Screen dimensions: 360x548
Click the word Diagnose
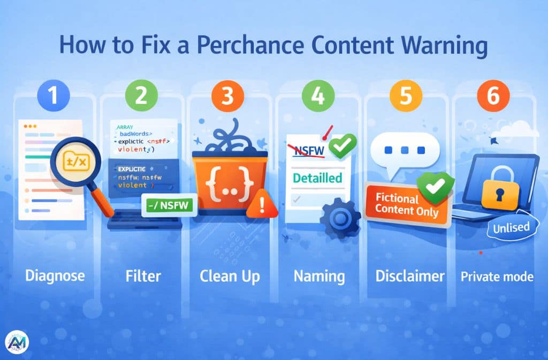click(55, 276)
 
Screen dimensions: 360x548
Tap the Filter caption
click(141, 276)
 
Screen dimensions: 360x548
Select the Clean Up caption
click(230, 276)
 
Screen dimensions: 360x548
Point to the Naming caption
click(319, 276)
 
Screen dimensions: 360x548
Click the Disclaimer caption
click(410, 276)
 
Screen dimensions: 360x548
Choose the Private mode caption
click(498, 276)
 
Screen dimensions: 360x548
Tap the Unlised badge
click(511, 227)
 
